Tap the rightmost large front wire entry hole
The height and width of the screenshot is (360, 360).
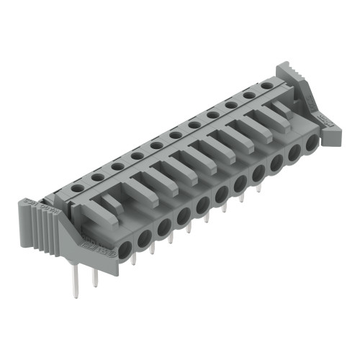[x=312, y=143]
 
